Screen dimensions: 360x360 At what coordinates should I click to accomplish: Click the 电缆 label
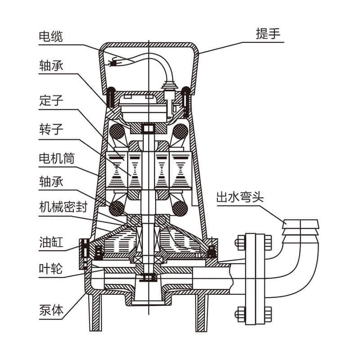pyautogui.click(x=50, y=36)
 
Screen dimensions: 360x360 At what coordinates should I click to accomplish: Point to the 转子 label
pyautogui.click(x=50, y=130)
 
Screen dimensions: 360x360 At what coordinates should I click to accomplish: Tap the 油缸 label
pyautogui.click(x=50, y=243)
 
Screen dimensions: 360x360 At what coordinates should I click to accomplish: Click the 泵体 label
pyautogui.click(x=50, y=309)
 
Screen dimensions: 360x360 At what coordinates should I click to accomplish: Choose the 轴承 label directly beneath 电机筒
pyautogui.click(x=50, y=183)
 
